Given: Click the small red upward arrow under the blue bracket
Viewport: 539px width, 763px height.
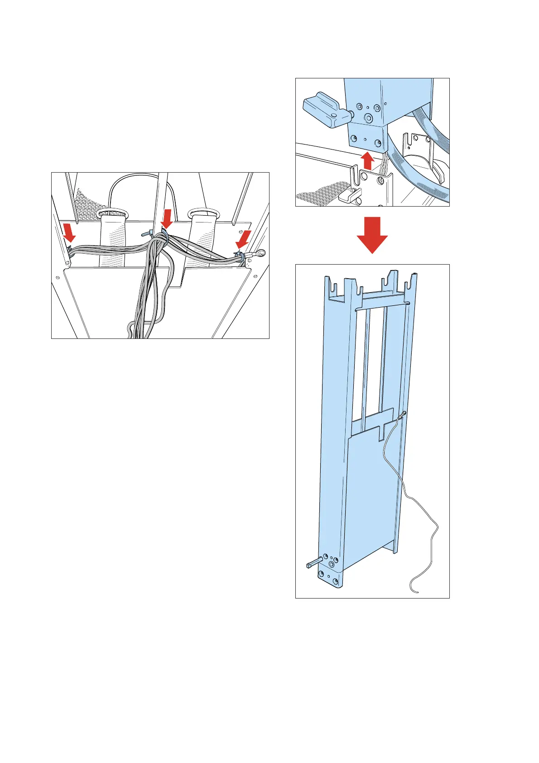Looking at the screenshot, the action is [367, 160].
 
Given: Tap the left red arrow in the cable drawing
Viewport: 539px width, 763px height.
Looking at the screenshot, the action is [69, 232].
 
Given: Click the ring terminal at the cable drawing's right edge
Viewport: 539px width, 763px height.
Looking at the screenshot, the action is [260, 254].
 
